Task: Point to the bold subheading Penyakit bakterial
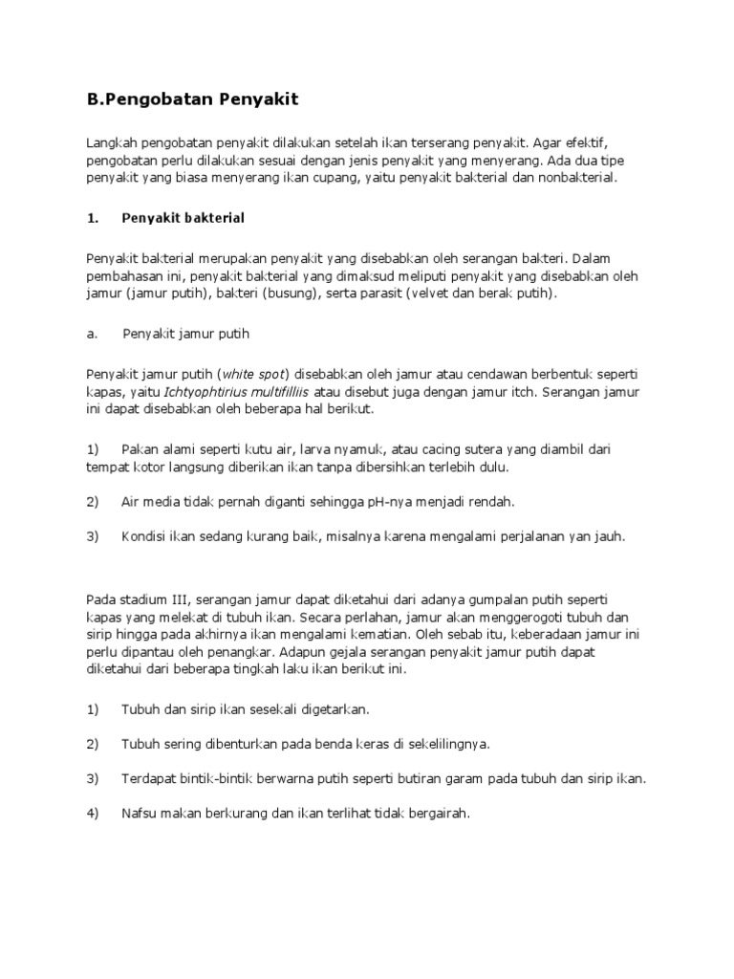click(x=183, y=218)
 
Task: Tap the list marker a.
click(x=91, y=334)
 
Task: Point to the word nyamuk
click(x=371, y=449)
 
